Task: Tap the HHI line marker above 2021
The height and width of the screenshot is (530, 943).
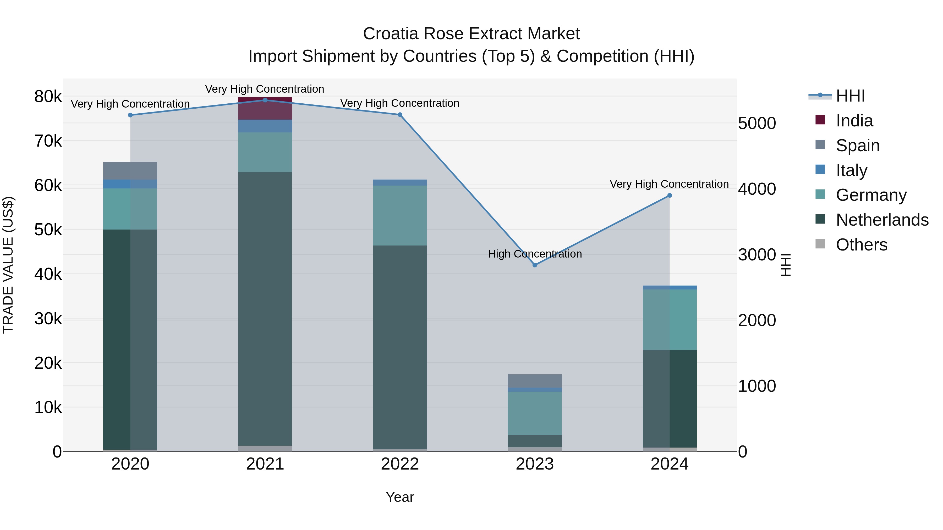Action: click(265, 100)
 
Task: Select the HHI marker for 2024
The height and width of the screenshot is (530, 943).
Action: click(670, 195)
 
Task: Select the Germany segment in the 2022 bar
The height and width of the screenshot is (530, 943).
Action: click(400, 215)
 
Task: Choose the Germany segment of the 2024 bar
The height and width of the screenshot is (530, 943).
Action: click(670, 319)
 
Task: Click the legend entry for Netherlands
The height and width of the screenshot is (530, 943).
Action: click(882, 220)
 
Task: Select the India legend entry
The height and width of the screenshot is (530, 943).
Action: click(854, 121)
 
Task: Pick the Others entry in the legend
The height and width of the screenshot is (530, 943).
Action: click(861, 245)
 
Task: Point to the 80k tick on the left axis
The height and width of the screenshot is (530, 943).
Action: click(48, 97)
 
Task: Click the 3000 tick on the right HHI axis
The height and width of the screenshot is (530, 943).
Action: click(757, 255)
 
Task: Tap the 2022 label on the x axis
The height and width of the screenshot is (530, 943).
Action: click(400, 464)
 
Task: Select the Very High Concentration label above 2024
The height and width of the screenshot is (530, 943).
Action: click(669, 184)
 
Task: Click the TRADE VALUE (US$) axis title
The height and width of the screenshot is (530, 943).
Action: click(8, 265)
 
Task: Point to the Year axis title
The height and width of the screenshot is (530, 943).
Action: click(400, 497)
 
